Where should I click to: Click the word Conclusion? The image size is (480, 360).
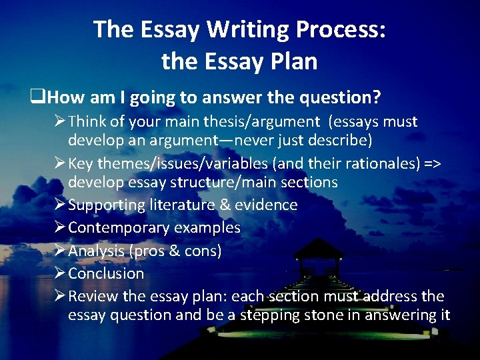click(106, 273)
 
